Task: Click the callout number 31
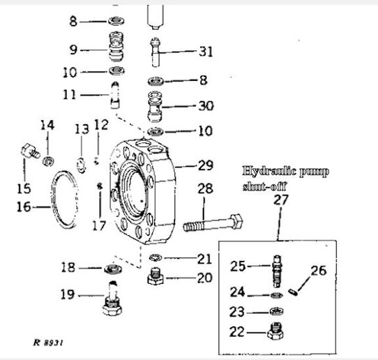[206, 52]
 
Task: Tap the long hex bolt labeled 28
[213, 223]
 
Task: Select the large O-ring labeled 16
[64, 200]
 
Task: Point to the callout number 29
[206, 165]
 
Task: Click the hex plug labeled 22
[275, 331]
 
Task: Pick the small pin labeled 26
[293, 292]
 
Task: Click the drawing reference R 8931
[48, 343]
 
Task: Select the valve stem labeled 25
[278, 271]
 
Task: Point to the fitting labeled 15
[30, 151]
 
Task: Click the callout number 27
[280, 200]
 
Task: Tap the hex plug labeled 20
[156, 276]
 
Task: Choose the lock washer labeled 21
[156, 257]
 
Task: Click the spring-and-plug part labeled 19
[112, 298]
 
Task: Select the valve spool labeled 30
[155, 106]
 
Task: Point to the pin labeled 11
[115, 96]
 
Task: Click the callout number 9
[73, 50]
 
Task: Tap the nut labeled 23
[276, 311]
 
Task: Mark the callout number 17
[99, 226]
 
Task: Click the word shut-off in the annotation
[264, 186]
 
